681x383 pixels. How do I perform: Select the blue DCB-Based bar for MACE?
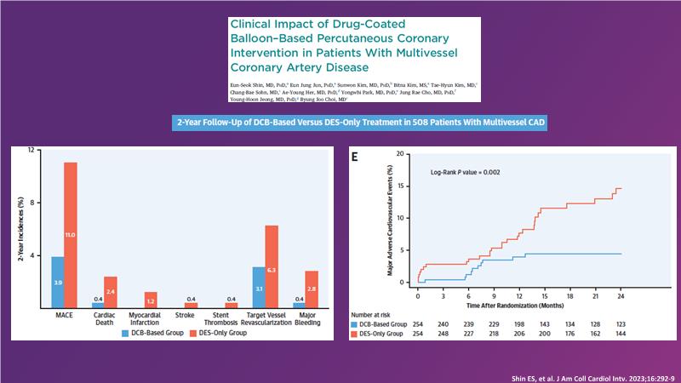click(x=57, y=282)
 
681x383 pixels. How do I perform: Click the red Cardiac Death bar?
click(x=111, y=291)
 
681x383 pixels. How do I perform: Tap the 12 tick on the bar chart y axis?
click(x=31, y=151)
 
